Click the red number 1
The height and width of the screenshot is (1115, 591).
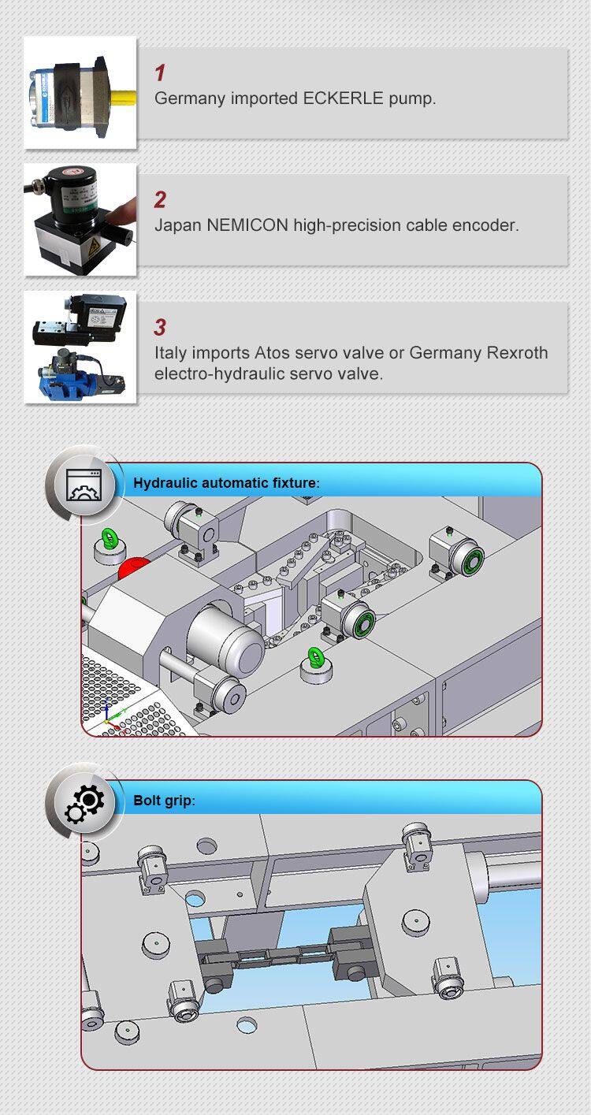[x=160, y=73]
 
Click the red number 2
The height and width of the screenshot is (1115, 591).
[x=160, y=200]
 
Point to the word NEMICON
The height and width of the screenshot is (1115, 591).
[x=247, y=225]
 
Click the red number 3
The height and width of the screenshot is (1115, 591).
[x=160, y=327]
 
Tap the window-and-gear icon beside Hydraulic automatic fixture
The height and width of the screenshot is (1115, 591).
[x=84, y=485]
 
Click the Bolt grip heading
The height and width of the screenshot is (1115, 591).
[x=163, y=801]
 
